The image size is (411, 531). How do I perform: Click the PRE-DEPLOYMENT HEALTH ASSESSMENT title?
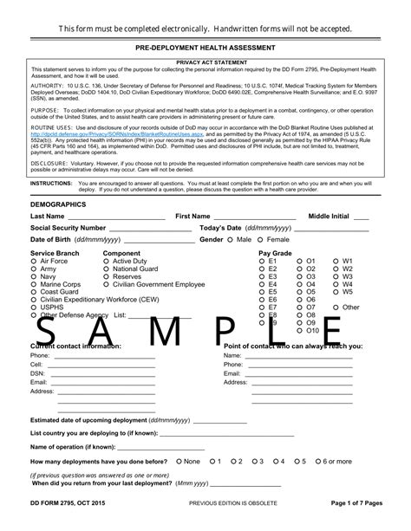tap(205, 49)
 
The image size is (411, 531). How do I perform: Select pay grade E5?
tap(263, 292)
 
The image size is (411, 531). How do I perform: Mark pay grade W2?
tap(337, 269)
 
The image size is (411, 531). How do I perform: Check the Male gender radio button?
tap(232, 239)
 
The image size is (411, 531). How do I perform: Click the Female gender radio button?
tap(262, 239)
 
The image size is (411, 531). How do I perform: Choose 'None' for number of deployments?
tap(179, 462)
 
